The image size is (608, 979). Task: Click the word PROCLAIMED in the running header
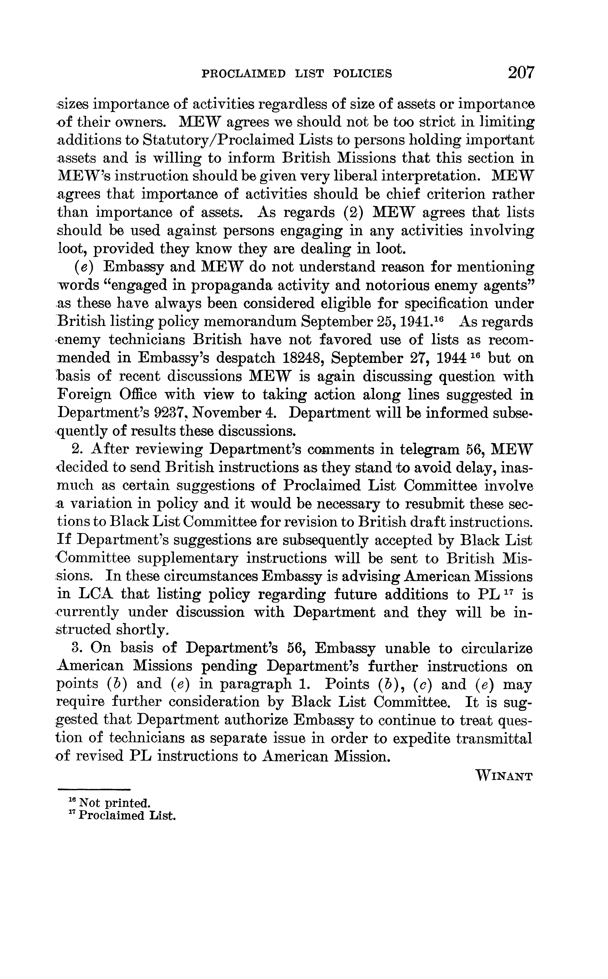(x=244, y=74)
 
